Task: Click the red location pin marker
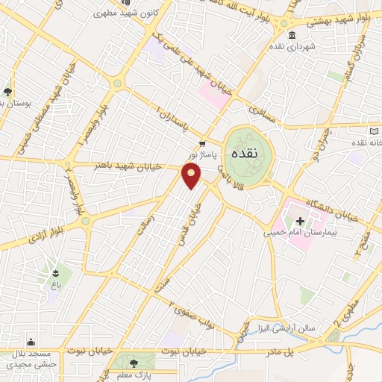tap(192, 176)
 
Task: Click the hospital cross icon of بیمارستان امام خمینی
tap(300, 221)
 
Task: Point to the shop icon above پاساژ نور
tap(201, 143)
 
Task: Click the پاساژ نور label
tap(204, 154)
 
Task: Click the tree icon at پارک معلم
tap(134, 363)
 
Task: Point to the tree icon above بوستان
tap(7, 93)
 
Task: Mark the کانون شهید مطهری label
tap(128, 13)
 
